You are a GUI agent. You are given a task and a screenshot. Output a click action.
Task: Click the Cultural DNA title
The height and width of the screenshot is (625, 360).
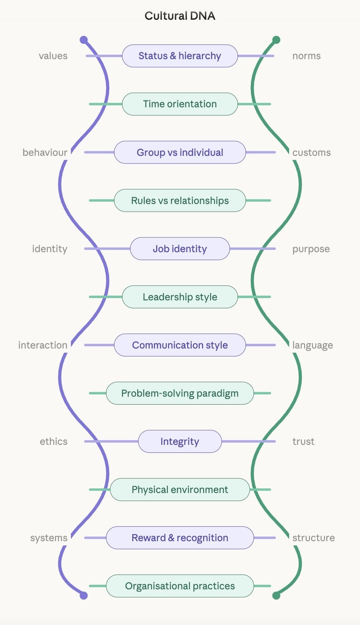(x=180, y=16)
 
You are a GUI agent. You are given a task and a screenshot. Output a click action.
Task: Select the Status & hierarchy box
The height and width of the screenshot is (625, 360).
(x=180, y=56)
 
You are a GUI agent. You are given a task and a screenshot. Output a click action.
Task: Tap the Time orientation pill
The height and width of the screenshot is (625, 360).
(x=180, y=104)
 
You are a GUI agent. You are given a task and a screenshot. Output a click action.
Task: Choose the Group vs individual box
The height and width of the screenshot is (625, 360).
(x=180, y=152)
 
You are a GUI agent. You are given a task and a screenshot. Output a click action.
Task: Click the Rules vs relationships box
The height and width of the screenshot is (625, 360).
(x=180, y=200)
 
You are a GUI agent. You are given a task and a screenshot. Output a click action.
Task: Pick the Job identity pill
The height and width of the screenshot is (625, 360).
(x=180, y=248)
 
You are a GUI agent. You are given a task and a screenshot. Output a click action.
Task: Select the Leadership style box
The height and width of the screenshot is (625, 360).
(x=180, y=297)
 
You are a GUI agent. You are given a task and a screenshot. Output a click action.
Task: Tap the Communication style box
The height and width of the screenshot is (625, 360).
(x=180, y=345)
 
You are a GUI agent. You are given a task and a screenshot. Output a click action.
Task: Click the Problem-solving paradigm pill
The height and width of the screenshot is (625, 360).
(x=180, y=393)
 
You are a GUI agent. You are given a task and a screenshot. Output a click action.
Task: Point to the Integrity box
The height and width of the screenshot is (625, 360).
(x=180, y=441)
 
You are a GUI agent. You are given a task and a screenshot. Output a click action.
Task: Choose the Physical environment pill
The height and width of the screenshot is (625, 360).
(x=180, y=489)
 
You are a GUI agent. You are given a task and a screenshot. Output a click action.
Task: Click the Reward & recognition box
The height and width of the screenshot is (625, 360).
(x=180, y=537)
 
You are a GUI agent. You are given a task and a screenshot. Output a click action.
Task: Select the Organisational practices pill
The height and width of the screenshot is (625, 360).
(x=180, y=586)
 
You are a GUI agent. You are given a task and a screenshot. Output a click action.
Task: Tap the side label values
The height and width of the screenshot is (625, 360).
(x=53, y=56)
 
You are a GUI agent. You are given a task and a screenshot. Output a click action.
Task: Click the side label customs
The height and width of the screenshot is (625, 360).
(x=311, y=152)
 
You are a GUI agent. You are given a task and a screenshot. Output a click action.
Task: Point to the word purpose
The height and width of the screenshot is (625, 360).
(x=311, y=249)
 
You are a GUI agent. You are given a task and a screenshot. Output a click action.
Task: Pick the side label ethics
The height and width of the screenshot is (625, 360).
(x=53, y=441)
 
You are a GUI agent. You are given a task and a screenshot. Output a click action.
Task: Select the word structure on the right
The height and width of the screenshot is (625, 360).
(x=313, y=538)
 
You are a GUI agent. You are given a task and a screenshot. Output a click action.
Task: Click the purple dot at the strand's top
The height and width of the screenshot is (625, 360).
(x=84, y=40)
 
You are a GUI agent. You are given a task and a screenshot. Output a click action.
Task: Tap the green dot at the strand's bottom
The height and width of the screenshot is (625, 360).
(x=276, y=595)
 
